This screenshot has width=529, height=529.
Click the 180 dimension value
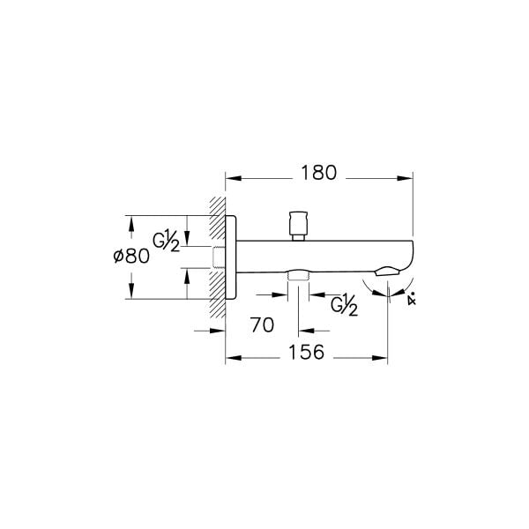point(318,173)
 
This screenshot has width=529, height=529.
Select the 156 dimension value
point(308,352)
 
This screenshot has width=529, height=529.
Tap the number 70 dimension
point(262,324)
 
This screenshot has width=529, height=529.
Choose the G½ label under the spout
point(344,305)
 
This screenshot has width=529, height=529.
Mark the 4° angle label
point(412,299)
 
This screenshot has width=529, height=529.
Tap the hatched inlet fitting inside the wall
point(219,257)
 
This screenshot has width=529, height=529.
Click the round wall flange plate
point(231,257)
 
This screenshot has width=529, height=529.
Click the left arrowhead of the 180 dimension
point(232,179)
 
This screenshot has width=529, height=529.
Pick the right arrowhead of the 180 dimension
point(408,179)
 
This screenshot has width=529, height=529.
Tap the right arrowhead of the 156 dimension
point(384,358)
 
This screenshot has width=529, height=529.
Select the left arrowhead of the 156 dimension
point(232,358)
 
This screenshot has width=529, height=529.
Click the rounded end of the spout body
point(407,251)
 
